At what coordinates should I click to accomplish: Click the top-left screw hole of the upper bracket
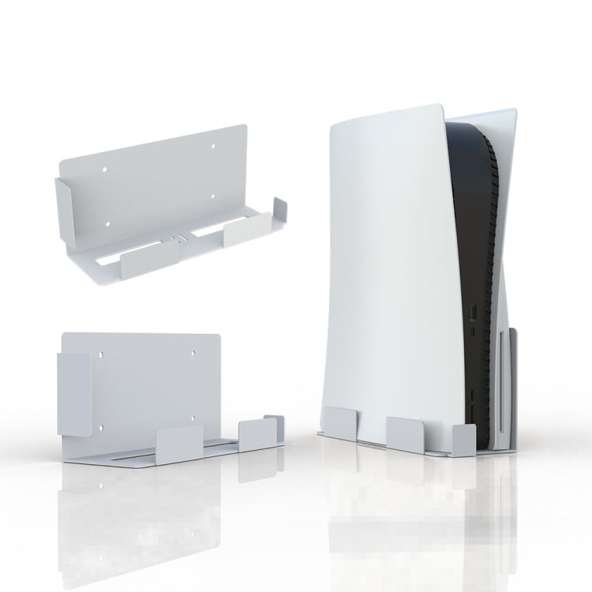tap(106, 168)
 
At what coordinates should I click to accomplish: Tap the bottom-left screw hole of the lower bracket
tap(102, 429)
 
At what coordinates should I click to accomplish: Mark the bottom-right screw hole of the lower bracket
tap(192, 429)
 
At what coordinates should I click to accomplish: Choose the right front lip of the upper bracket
tap(248, 232)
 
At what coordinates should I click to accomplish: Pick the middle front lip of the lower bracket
tap(180, 439)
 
